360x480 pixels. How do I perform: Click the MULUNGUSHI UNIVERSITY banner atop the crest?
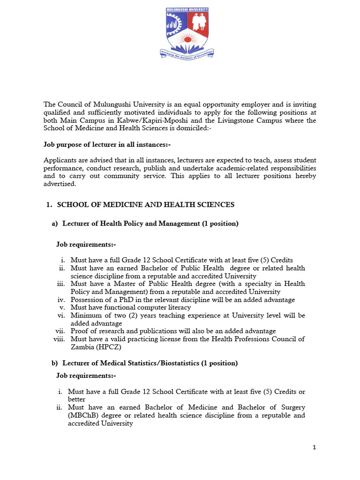point(187,9)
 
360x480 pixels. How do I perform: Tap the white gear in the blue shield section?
point(174,24)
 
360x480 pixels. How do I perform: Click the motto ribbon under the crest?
point(187,55)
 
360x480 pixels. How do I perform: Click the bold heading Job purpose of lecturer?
point(107,145)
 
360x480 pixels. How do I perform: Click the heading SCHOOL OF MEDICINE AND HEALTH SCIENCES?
point(145,205)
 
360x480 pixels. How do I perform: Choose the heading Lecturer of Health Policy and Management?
point(150,224)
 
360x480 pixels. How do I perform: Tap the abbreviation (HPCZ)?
point(109,347)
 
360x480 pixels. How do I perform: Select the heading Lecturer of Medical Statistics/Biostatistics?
point(150,363)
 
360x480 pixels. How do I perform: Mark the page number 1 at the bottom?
point(315,448)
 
